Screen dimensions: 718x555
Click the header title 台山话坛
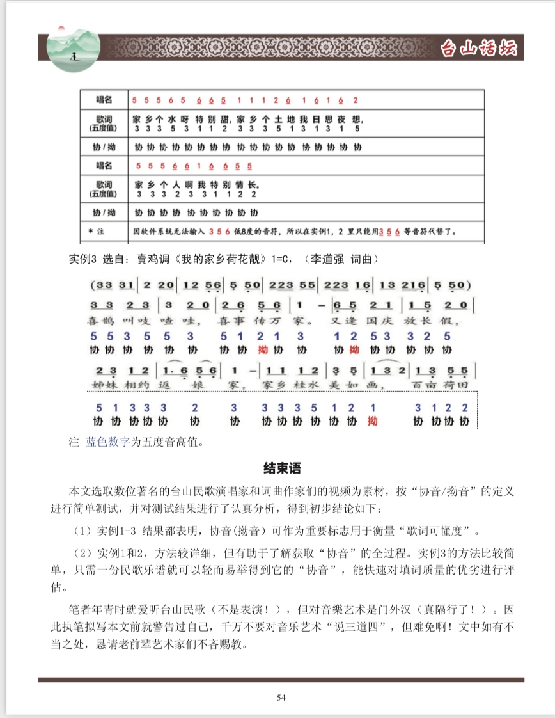pos(479,49)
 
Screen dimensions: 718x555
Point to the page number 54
pos(281,698)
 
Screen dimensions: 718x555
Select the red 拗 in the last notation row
pos(373,421)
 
